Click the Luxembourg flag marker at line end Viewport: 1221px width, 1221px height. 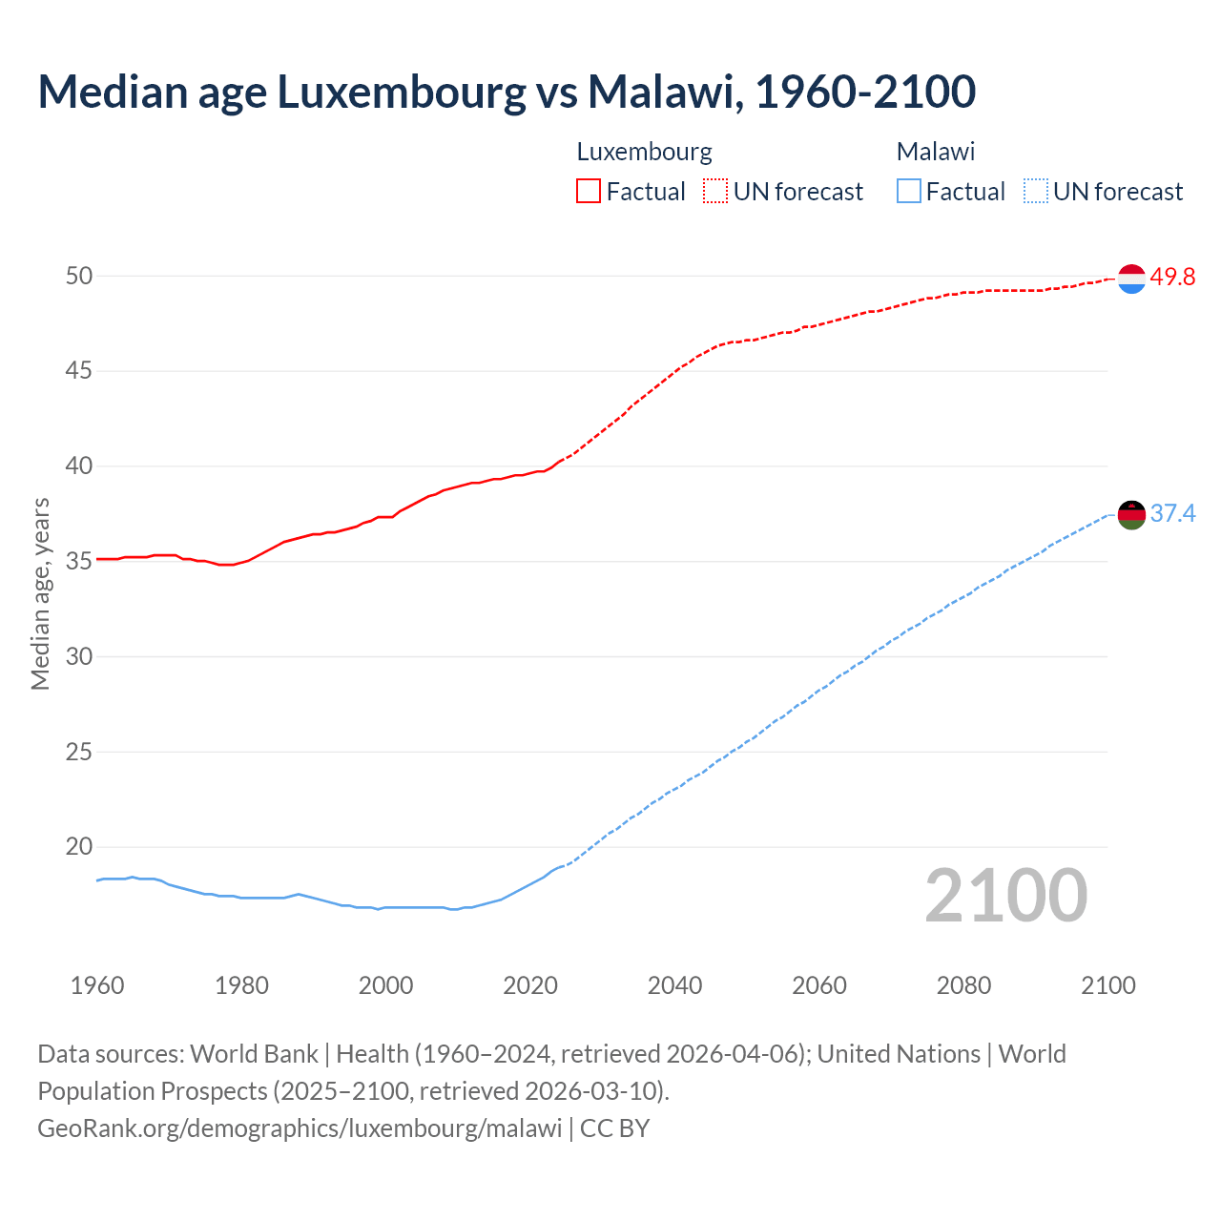coord(1131,279)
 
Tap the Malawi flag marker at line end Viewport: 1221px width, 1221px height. coord(1131,514)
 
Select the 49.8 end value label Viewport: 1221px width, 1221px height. coord(1172,277)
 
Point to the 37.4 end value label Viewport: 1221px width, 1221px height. coord(1172,513)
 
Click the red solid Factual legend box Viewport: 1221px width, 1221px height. coord(589,191)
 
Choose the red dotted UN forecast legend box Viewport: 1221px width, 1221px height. coord(715,191)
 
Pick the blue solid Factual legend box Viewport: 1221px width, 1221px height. coord(909,191)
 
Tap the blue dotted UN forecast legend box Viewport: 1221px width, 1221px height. coord(1035,191)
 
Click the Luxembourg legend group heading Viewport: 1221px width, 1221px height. coord(645,152)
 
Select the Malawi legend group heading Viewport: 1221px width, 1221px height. coord(936,152)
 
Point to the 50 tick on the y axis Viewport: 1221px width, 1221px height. coord(79,276)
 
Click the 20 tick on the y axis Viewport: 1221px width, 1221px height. coord(79,846)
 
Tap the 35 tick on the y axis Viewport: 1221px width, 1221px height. coord(79,561)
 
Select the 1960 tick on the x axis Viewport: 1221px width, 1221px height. coord(97,985)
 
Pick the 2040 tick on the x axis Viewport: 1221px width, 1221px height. coord(674,985)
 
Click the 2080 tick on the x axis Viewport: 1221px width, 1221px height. coord(963,985)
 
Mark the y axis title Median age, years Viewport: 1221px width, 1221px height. coord(40,593)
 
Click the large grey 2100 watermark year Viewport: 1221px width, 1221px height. coord(1006,895)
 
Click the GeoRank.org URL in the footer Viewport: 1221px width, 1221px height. coord(300,1128)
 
